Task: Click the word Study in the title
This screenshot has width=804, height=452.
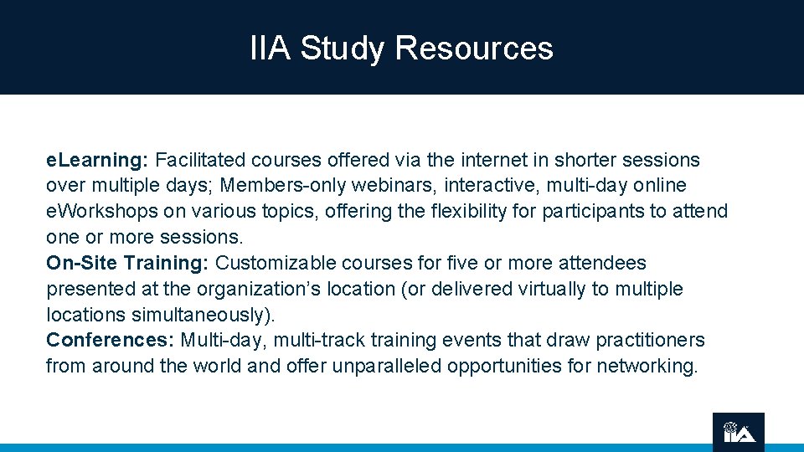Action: [x=343, y=49]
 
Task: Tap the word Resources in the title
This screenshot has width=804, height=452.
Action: [x=474, y=49]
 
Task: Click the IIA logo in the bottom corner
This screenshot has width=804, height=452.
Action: [x=739, y=432]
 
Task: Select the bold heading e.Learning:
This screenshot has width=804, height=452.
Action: [x=97, y=160]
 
